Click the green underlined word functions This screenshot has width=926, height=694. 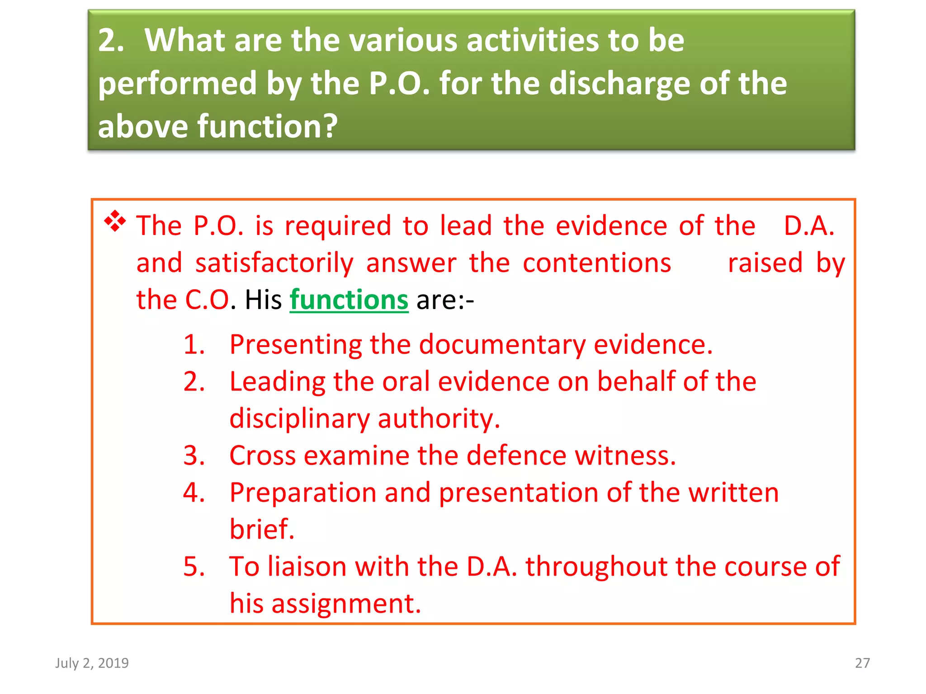(349, 300)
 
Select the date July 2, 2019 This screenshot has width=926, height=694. (92, 663)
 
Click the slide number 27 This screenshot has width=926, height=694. (862, 663)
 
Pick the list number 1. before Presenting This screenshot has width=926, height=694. (194, 344)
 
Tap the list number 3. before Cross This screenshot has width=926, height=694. (194, 455)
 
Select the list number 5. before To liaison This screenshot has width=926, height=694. (194, 566)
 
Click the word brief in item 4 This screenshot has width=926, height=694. (261, 529)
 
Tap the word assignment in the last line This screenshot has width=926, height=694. (346, 604)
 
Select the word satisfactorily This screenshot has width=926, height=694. (274, 263)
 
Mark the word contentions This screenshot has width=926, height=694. (597, 263)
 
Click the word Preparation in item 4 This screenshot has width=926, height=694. (302, 493)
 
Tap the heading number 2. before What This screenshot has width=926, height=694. (111, 41)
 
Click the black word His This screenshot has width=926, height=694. (263, 300)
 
